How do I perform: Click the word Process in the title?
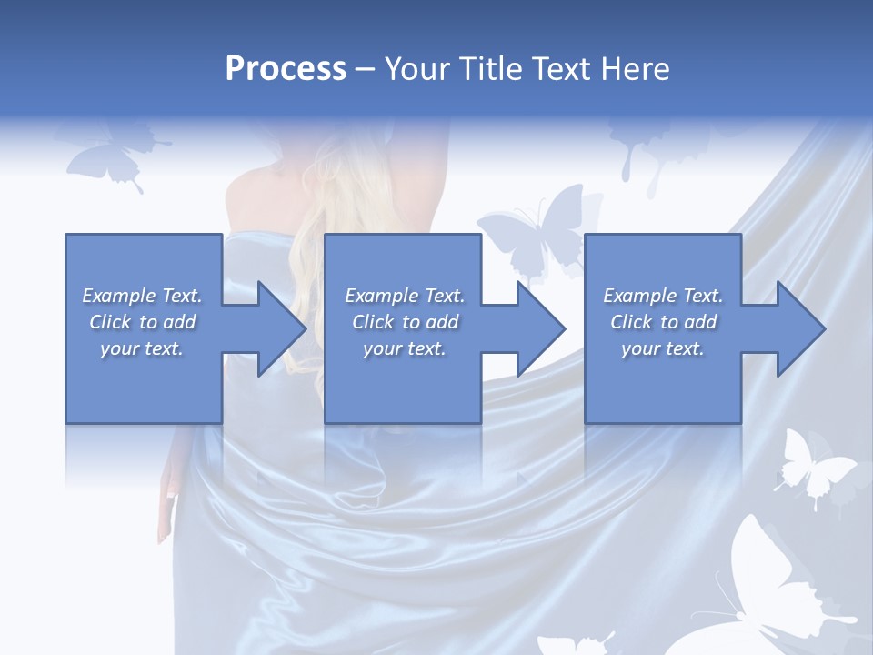pos(286,69)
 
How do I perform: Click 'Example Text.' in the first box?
pos(142,296)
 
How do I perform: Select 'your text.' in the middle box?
pos(404,348)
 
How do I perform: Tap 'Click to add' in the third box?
pos(663,322)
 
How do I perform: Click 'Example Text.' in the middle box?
pos(404,296)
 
